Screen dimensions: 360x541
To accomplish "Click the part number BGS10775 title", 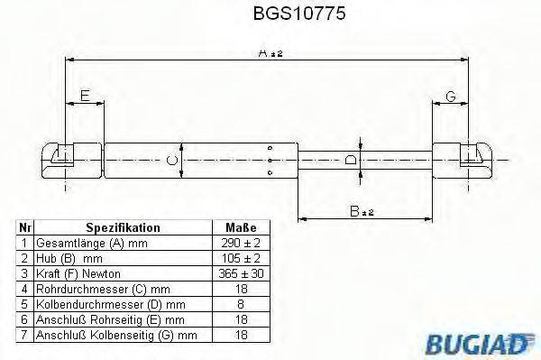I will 270,14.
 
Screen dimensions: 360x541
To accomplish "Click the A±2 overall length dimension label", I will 268,54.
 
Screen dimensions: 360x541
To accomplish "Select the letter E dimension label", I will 85,95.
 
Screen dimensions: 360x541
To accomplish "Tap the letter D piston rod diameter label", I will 352,160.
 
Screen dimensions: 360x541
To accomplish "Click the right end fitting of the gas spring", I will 467,159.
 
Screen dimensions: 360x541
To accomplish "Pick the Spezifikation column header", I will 123,228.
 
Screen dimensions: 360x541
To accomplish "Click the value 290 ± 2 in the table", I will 240,244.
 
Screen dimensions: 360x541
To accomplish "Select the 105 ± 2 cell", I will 240,259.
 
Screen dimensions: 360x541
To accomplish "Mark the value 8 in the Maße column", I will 240,305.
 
